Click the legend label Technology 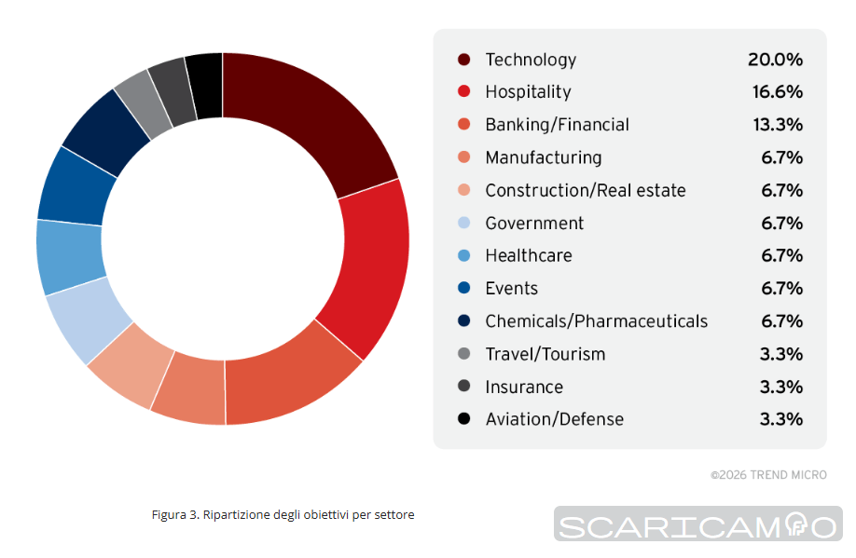point(531,60)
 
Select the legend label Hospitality point(528,92)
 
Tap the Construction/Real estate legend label point(586,190)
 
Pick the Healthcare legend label point(529,255)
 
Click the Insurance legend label point(524,387)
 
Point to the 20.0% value point(775,60)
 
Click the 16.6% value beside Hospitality point(778,92)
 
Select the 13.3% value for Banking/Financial point(778,125)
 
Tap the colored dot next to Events point(463,289)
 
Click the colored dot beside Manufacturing point(463,157)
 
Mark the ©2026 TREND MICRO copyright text point(768,475)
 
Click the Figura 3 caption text point(283,514)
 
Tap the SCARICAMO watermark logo point(697,524)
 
